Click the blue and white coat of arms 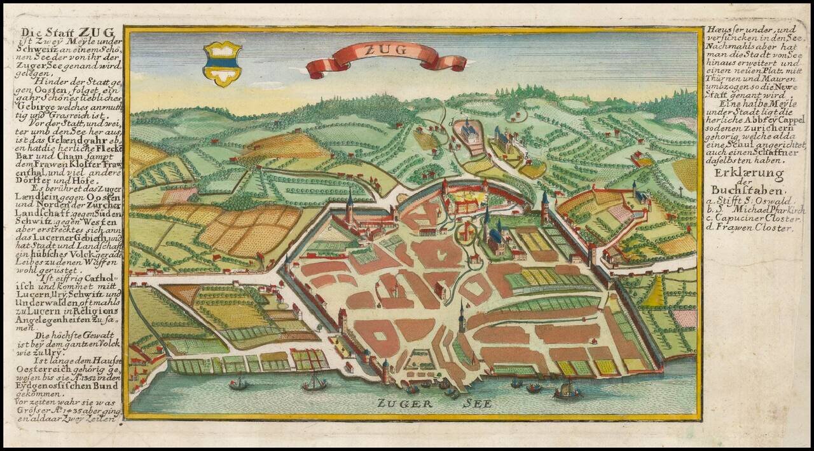pyautogui.click(x=222, y=64)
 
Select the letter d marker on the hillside pyautogui.click(x=450, y=121)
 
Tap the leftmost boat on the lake pyautogui.click(x=238, y=383)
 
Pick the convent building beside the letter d pyautogui.click(x=471, y=133)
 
